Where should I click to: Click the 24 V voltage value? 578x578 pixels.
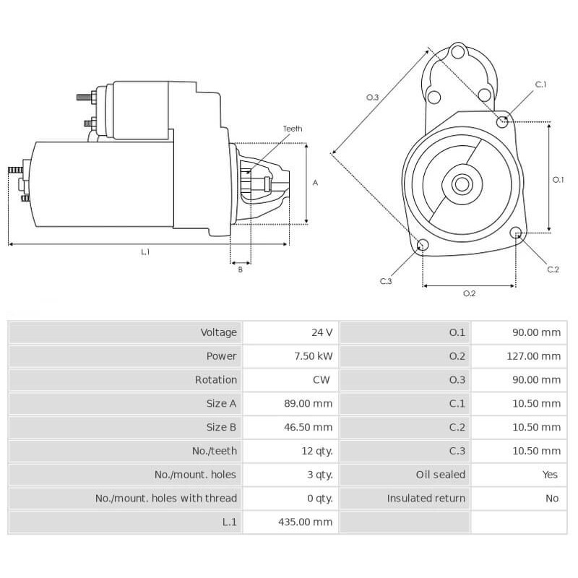point(322,332)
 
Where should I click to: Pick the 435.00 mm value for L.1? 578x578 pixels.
point(305,522)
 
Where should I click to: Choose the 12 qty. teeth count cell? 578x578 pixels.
point(316,451)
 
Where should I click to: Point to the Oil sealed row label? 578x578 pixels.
point(440,475)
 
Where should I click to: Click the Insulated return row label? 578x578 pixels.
point(426,499)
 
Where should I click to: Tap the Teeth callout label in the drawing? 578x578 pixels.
point(292,129)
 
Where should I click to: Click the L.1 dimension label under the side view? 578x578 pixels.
point(145,252)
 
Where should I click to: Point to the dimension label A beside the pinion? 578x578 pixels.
point(315,183)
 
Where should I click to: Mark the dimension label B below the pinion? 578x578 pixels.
point(240,269)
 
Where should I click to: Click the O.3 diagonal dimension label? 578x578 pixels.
point(372,98)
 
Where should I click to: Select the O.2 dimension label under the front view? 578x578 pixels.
point(469,293)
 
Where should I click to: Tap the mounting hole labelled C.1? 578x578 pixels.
point(503,121)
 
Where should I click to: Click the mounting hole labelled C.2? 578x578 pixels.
point(516,233)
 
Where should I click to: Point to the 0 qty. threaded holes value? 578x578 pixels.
point(319,499)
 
